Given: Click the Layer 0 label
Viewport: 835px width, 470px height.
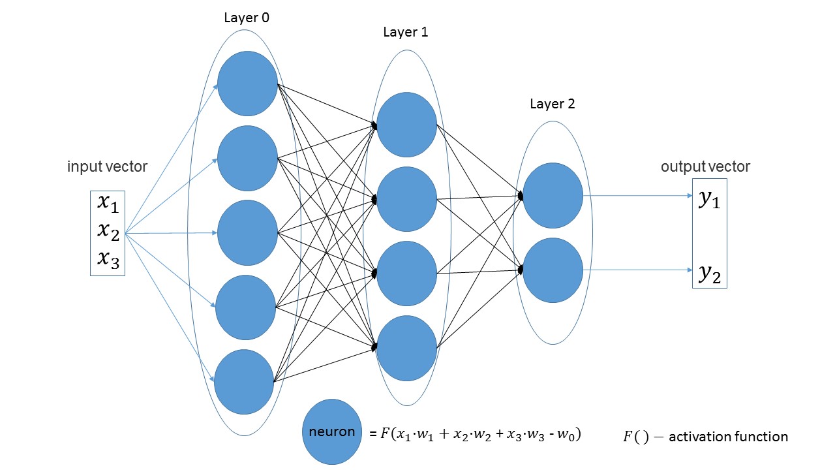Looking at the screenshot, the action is (x=247, y=18).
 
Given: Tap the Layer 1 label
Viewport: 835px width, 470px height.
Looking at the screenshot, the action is (x=406, y=33).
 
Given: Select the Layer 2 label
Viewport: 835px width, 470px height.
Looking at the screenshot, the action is (x=553, y=104).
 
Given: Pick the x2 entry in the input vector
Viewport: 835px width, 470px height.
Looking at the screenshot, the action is (x=108, y=232).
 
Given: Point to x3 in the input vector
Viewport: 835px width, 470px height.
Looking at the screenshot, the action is (x=108, y=260).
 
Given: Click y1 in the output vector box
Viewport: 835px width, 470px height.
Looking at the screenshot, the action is (x=709, y=199).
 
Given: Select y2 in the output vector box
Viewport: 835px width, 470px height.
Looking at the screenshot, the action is (x=709, y=274).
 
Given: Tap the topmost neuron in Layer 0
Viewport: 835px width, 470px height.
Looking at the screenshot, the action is (x=247, y=84).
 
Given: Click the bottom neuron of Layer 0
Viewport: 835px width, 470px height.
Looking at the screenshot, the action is (x=244, y=382).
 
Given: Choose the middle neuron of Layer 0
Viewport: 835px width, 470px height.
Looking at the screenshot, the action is (x=247, y=233).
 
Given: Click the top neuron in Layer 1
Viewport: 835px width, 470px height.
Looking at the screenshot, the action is (x=406, y=125).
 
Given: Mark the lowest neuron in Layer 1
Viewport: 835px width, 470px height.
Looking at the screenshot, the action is (x=406, y=349).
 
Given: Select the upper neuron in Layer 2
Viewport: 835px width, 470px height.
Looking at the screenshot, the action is (x=553, y=195).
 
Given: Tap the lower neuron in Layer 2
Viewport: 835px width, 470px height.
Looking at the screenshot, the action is (x=553, y=270).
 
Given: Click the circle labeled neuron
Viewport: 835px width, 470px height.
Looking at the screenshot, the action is (x=332, y=432).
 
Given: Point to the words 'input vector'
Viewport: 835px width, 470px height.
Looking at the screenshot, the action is (x=108, y=166).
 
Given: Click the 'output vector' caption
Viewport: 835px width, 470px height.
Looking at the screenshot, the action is (x=706, y=166).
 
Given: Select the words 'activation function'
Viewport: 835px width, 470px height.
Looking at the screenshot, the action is (x=729, y=437).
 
